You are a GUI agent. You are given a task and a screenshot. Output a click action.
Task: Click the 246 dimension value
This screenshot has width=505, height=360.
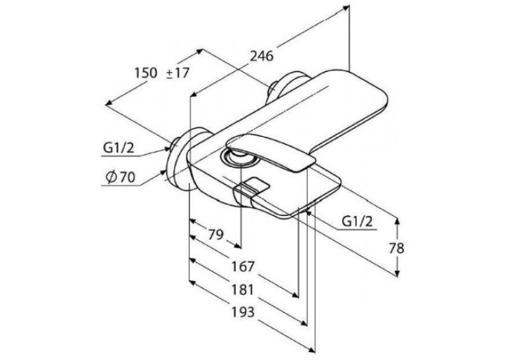click(262, 56)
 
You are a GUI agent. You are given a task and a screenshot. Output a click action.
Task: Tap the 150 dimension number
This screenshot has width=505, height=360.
click(146, 73)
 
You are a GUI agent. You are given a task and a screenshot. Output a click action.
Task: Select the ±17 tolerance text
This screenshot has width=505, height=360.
click(178, 73)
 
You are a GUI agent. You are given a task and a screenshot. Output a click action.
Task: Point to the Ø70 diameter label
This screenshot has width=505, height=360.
click(121, 177)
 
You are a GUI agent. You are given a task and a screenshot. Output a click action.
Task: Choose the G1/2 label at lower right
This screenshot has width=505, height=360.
click(357, 222)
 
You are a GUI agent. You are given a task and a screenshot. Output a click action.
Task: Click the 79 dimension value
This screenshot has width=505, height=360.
click(215, 235)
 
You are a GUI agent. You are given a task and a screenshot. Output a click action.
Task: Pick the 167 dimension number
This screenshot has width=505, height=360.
click(244, 267)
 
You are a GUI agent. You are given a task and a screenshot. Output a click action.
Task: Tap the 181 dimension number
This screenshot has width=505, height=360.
click(244, 290)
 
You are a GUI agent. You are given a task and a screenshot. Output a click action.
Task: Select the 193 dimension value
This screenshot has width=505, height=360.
click(244, 312)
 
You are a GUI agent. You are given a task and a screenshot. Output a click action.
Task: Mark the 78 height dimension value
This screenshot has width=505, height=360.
click(397, 248)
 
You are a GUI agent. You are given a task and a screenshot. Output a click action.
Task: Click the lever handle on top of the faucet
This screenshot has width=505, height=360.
click(271, 151)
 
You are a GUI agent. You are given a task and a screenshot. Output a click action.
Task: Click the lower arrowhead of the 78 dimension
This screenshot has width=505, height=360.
click(397, 273)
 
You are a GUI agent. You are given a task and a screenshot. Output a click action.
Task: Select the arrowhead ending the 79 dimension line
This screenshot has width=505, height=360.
click(238, 246)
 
